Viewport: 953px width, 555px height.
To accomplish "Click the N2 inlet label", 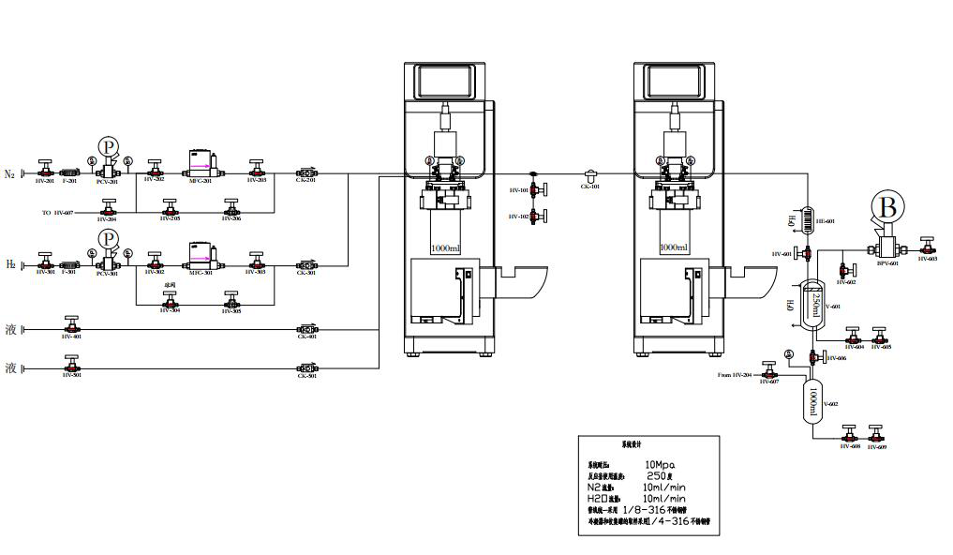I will click(10, 173).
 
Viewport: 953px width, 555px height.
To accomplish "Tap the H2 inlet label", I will click(10, 265).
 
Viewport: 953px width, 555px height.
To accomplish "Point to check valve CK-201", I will click(305, 172).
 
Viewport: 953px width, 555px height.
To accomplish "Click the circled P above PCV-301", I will click(110, 238).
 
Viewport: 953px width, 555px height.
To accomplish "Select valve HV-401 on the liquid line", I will click(71, 326).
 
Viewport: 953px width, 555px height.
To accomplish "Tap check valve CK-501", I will click(305, 366).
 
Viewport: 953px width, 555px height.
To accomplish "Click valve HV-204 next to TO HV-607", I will click(111, 209).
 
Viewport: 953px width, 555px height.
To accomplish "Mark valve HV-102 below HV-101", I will click(533, 217).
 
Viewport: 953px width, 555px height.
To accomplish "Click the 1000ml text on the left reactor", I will click(446, 247).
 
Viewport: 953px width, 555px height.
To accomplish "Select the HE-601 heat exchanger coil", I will click(805, 215).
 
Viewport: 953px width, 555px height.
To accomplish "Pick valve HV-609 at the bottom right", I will click(876, 435).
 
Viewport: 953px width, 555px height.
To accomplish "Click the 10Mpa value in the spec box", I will click(660, 464).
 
